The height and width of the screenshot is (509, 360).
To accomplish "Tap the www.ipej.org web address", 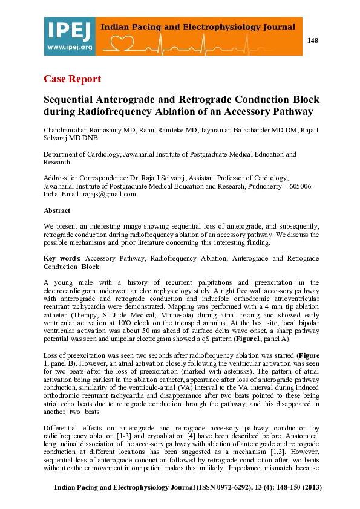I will coord(69,47).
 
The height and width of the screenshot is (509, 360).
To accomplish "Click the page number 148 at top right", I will coord(312,41).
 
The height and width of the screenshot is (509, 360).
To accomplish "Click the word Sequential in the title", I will coord(72,99).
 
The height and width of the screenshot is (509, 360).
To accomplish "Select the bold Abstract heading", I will coord(57,210).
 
